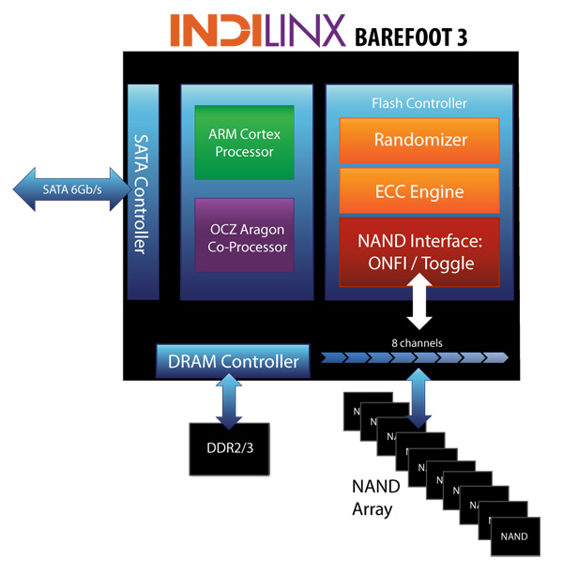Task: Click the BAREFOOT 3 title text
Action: point(410,37)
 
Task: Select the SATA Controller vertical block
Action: point(144,191)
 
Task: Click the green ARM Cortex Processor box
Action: point(244,143)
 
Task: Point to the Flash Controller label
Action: point(418,103)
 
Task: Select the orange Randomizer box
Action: point(419,141)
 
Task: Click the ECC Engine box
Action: point(419,192)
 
